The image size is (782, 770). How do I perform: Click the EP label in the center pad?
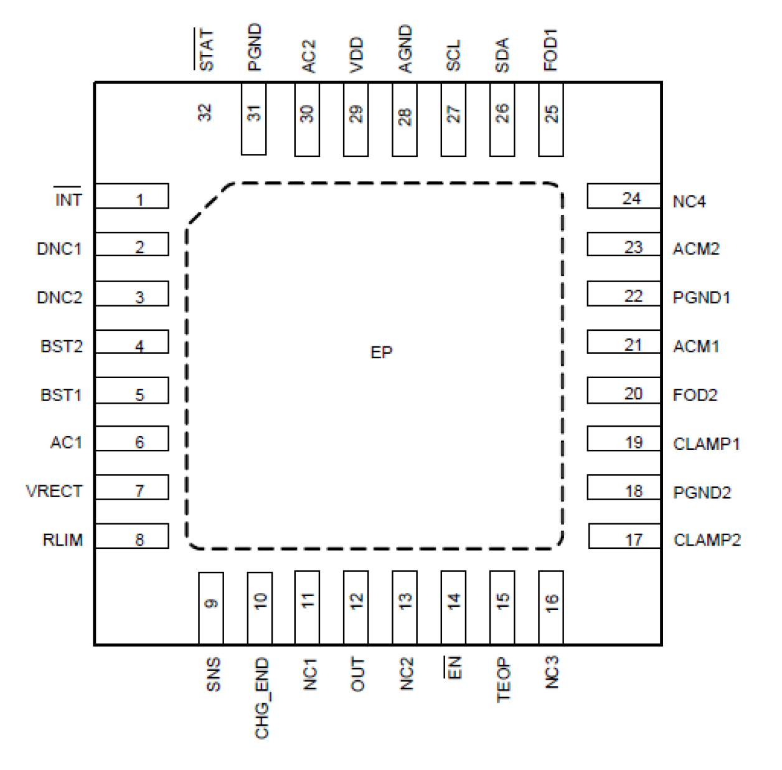pyautogui.click(x=381, y=353)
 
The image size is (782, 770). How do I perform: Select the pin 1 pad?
pyautogui.click(x=132, y=196)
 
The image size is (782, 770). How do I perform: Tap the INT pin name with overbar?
pyautogui.click(x=68, y=199)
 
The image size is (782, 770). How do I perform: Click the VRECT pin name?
pyautogui.click(x=54, y=491)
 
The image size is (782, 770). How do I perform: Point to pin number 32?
pyautogui.click(x=205, y=113)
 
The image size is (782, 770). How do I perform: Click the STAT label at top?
pyautogui.click(x=205, y=50)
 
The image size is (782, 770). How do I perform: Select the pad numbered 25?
pyautogui.click(x=551, y=120)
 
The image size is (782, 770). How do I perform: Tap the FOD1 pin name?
pyautogui.click(x=551, y=50)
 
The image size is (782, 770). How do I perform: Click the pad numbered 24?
pyautogui.click(x=623, y=196)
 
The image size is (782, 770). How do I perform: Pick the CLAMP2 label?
pyautogui.click(x=707, y=539)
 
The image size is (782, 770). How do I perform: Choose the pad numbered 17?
pyautogui.click(x=624, y=536)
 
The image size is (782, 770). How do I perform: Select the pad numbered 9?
pyautogui.click(x=211, y=607)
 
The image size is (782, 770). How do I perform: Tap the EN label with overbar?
pyautogui.click(x=455, y=668)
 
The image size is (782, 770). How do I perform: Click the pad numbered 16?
pyautogui.click(x=551, y=607)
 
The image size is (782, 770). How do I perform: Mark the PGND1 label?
pyautogui.click(x=701, y=297)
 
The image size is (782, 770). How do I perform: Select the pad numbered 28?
pyautogui.click(x=405, y=120)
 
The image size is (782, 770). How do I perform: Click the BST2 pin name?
pyautogui.click(x=61, y=346)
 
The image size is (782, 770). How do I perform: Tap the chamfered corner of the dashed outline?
pyautogui.click(x=209, y=203)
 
